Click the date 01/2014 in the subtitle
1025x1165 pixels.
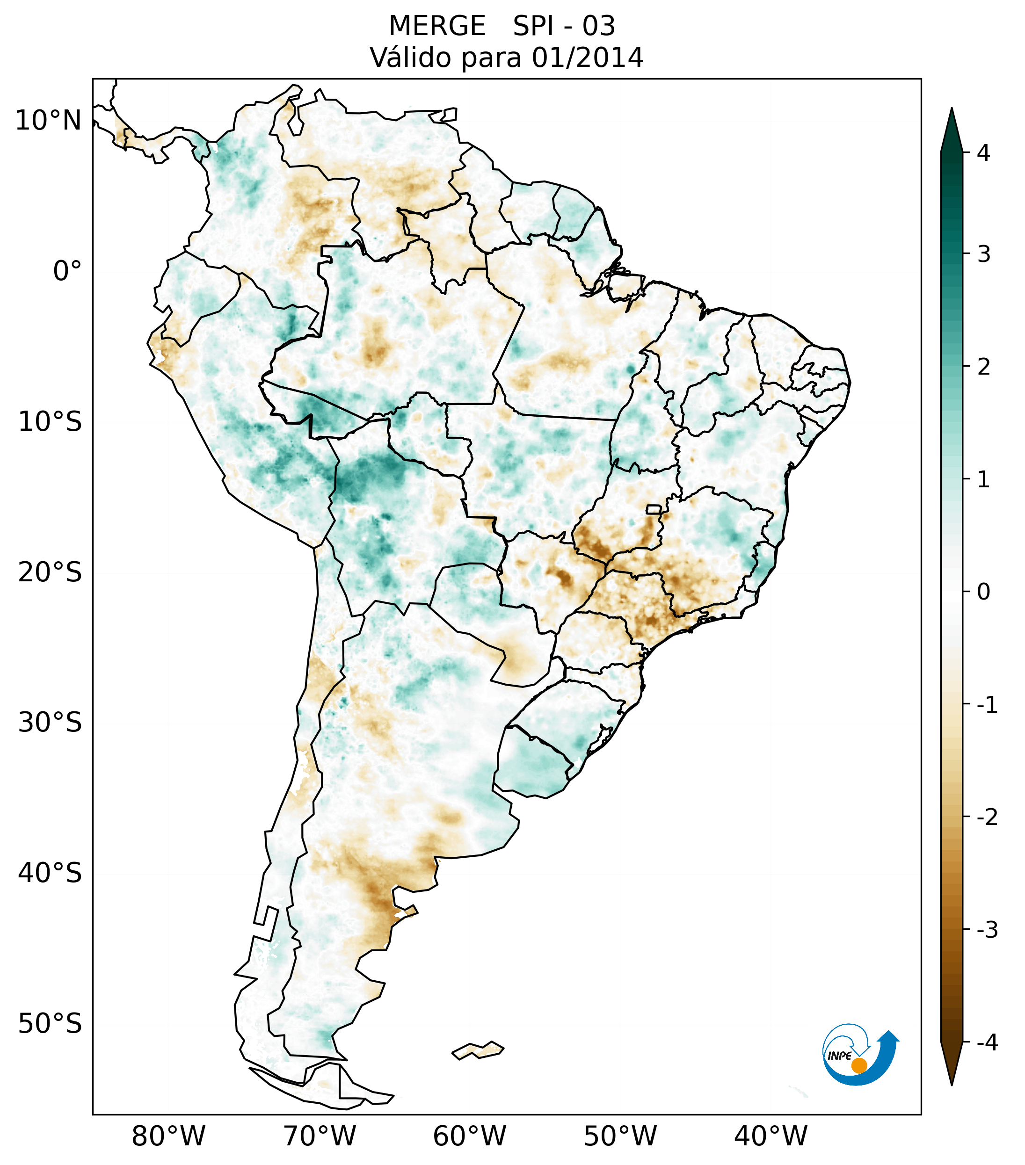tap(587, 58)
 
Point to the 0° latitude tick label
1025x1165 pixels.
tap(67, 271)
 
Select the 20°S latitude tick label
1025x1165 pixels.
tap(50, 572)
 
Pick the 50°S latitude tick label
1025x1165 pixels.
tap(50, 1024)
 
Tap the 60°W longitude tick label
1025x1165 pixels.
tap(469, 1136)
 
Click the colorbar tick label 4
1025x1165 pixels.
tap(983, 153)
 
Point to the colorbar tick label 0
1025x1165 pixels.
tap(983, 592)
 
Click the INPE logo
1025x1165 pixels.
tap(859, 1055)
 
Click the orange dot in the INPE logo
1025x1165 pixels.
tap(858, 1065)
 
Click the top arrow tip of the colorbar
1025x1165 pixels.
tap(952, 109)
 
